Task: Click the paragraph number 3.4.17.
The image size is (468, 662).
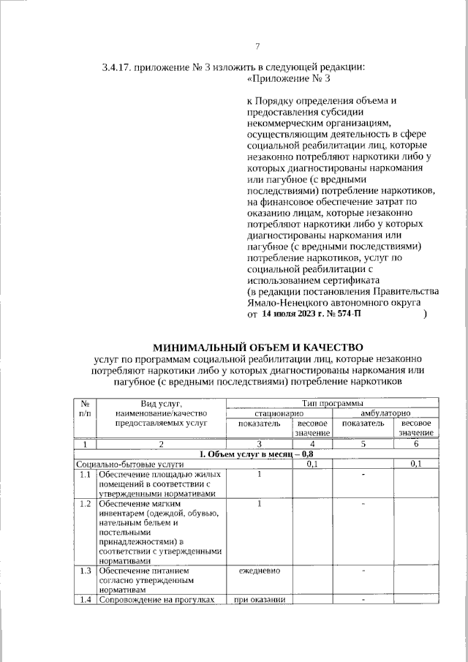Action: (118, 69)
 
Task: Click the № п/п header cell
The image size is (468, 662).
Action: (86, 408)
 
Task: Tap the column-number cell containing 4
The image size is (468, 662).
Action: (312, 444)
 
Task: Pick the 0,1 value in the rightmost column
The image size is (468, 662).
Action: (416, 464)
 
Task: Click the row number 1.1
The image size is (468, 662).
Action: (86, 475)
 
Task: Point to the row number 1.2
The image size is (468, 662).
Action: (86, 504)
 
